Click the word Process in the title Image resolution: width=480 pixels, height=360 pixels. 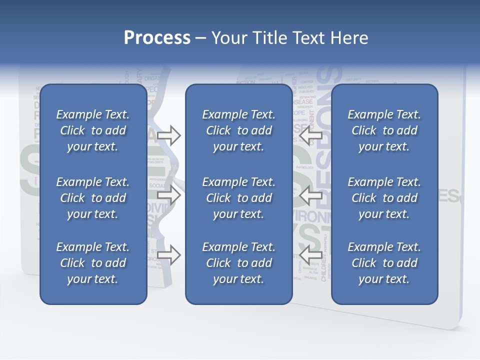pos(157,38)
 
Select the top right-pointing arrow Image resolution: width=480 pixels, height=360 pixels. pos(168,135)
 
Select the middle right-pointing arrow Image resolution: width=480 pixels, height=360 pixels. pos(168,195)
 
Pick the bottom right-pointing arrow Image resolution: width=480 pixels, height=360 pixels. pos(168,254)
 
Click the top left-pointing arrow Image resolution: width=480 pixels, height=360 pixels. pos(310,135)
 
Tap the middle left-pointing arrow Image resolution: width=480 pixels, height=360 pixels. pos(310,195)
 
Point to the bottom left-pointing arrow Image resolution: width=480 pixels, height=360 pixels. pos(310,254)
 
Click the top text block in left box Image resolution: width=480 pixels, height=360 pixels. pos(93,130)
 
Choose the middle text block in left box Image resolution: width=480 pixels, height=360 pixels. pos(93,198)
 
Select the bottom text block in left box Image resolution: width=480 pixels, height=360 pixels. pos(93,263)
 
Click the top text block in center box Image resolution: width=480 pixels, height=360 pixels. pos(238,130)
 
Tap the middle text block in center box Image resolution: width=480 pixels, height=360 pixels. pos(238,198)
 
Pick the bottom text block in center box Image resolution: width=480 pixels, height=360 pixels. pos(238,263)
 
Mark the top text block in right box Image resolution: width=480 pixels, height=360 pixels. pos(384,130)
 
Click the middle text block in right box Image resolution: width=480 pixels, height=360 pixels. pos(384,198)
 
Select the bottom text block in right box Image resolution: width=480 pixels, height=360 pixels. pos(384,263)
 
